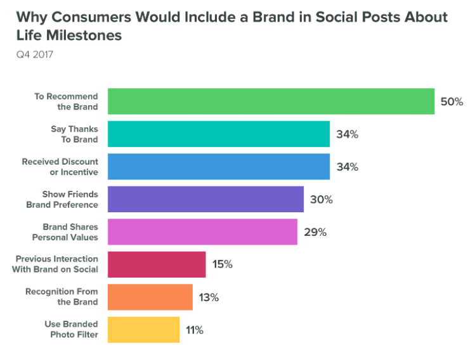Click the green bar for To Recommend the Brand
click(x=271, y=101)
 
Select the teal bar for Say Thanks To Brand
click(x=219, y=134)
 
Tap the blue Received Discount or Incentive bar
click(x=219, y=167)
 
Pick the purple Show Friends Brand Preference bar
click(x=205, y=199)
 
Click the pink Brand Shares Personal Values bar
click(x=202, y=232)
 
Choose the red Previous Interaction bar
click(x=157, y=264)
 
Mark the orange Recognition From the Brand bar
click(x=150, y=297)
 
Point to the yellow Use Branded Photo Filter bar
click(x=144, y=330)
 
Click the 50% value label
click(x=452, y=101)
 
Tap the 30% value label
click(x=321, y=199)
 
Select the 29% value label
click(x=315, y=232)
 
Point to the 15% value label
click(x=222, y=264)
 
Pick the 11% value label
click(x=195, y=330)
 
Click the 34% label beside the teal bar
click(x=347, y=134)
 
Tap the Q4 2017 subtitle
click(x=36, y=55)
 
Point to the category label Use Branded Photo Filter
click(x=71, y=330)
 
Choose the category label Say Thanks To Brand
click(x=74, y=134)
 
